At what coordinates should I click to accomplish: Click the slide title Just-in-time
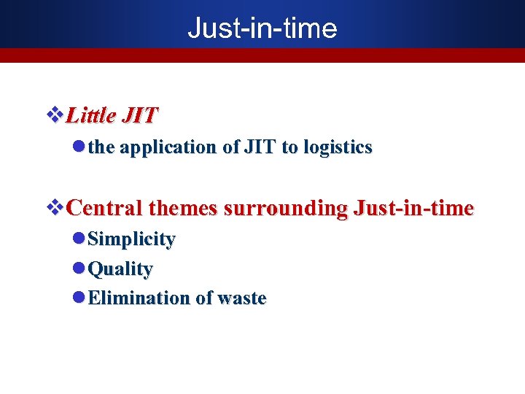coord(262,28)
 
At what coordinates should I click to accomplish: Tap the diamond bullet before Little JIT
coord(55,115)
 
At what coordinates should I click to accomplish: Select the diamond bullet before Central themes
coord(55,209)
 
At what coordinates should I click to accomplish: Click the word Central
coord(104,209)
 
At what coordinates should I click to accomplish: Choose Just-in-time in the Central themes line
coord(413,209)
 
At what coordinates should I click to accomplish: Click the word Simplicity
coord(131,239)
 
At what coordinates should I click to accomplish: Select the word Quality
coord(120,269)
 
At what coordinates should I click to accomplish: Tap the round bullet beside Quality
coord(79,269)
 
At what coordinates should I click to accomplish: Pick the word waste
coord(241,298)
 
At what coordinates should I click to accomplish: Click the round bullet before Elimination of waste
coord(79,298)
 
